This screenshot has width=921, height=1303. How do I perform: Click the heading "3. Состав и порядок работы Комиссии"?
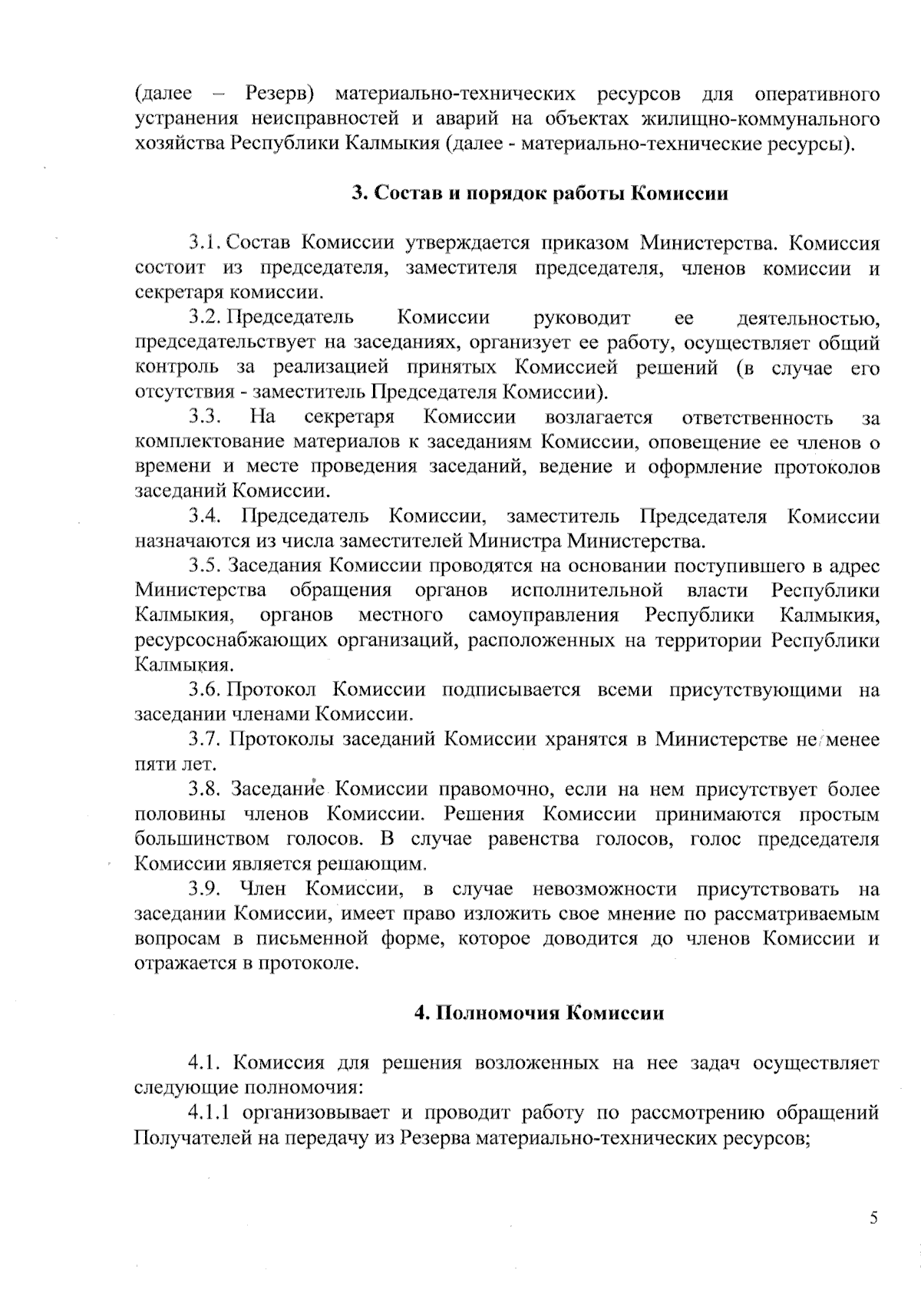540,193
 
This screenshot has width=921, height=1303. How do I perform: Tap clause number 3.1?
205,243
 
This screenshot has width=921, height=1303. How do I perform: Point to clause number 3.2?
205,317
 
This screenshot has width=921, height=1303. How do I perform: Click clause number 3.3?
205,418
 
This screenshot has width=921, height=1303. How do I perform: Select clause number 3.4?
205,517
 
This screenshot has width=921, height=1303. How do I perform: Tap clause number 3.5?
205,566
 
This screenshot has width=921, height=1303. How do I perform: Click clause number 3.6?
205,690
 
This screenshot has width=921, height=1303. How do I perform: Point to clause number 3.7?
205,739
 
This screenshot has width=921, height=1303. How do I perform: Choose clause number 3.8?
205,789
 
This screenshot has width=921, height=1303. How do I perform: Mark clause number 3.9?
205,889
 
